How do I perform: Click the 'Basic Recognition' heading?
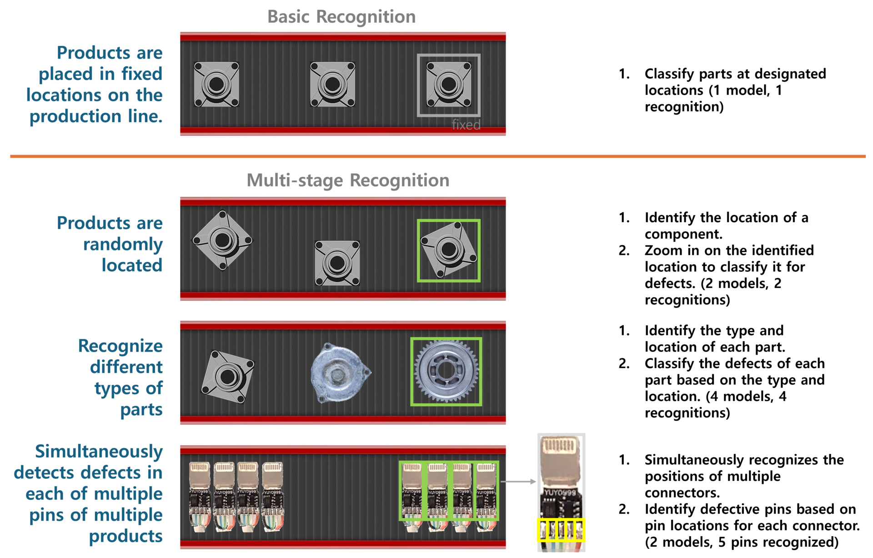click(x=341, y=17)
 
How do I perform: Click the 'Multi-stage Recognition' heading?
click(x=348, y=180)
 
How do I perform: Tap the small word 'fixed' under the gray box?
click(x=466, y=125)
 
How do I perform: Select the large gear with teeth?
click(x=446, y=371)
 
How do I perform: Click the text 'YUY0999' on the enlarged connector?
click(x=560, y=493)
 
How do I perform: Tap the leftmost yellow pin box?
click(x=542, y=530)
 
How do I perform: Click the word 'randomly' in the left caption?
click(x=123, y=244)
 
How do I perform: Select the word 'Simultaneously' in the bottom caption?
click(x=99, y=452)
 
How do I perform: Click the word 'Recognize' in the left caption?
click(x=120, y=346)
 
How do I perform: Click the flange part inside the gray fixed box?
click(x=448, y=85)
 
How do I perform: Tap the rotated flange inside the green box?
click(x=448, y=249)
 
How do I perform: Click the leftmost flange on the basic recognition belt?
click(x=216, y=85)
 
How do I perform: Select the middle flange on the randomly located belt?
click(x=337, y=263)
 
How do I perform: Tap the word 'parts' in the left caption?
click(x=141, y=410)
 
